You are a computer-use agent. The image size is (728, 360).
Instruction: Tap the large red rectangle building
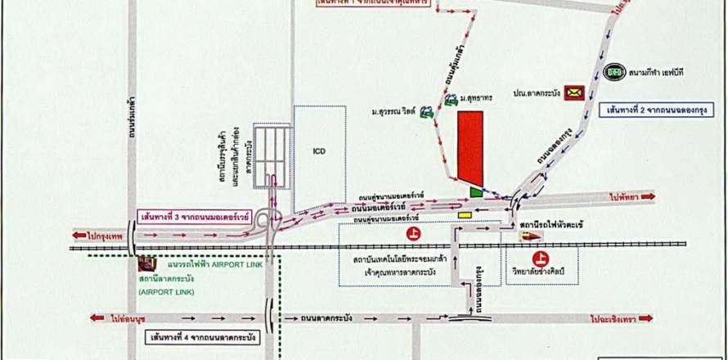coord(470,147)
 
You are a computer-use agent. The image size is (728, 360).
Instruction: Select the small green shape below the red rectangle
coord(476,191)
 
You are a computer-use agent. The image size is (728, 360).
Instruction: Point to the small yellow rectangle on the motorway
coord(465,215)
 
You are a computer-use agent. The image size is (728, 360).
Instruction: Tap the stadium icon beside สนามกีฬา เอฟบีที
coord(612,72)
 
